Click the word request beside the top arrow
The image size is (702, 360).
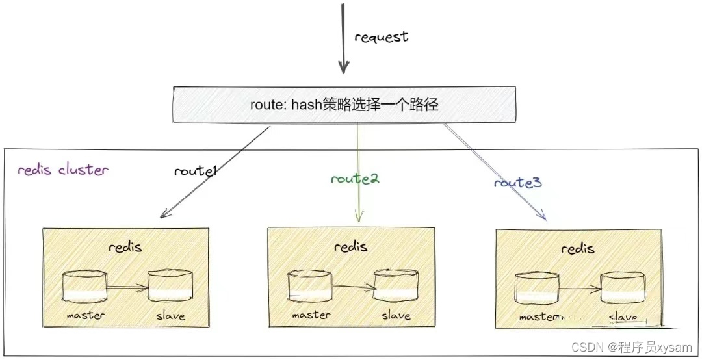click(381, 37)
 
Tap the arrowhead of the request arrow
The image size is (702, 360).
click(344, 67)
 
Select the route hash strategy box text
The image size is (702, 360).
click(344, 105)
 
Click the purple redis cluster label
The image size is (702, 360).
click(62, 170)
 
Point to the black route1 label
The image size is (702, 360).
click(194, 172)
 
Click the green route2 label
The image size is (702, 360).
click(354, 179)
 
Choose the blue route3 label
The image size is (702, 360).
click(517, 183)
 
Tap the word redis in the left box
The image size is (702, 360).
click(125, 247)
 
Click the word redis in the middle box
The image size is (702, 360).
click(350, 246)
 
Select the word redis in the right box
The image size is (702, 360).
click(577, 249)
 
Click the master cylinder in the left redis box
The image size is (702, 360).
click(84, 287)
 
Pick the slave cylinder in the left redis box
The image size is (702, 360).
click(170, 287)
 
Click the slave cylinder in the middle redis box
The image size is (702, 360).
click(395, 287)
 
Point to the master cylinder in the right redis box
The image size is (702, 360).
click(537, 288)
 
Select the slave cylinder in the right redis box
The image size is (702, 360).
click(622, 288)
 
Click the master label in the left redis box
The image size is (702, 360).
click(85, 315)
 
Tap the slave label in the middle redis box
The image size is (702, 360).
click(396, 315)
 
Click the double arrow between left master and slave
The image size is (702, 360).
click(127, 286)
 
